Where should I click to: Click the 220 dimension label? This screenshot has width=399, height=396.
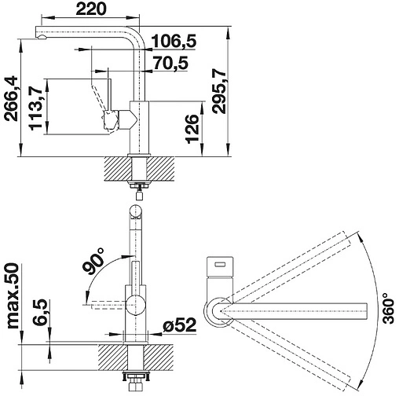[x=91, y=9]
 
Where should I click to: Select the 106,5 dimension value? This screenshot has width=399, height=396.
[x=174, y=41]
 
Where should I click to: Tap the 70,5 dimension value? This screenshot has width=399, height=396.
[x=170, y=63]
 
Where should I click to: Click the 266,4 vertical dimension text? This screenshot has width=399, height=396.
[x=12, y=99]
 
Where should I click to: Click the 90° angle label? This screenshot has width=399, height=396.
[x=93, y=261]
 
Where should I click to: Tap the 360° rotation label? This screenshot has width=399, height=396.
[x=388, y=309]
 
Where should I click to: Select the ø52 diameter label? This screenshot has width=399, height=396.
[x=180, y=325]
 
